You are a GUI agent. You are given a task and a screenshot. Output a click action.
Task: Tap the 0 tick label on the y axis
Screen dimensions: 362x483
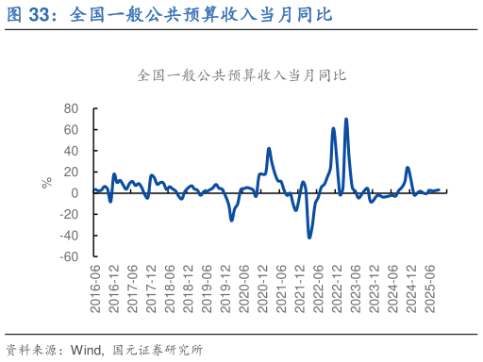[75, 192]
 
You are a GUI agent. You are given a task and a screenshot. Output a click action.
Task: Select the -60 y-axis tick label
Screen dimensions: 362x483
[69, 255]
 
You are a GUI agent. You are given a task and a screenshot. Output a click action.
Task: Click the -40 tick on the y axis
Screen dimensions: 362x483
[69, 235]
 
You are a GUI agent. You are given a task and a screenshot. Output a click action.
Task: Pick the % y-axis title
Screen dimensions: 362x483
[46, 183]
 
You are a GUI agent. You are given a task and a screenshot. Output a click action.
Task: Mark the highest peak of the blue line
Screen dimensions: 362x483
[346, 119]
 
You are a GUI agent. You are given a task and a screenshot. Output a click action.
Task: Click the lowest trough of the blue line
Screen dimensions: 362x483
[309, 238]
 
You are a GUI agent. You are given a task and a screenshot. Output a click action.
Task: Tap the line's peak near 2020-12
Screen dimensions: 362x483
[269, 148]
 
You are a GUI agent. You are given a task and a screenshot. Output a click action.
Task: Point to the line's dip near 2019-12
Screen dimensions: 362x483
[232, 221]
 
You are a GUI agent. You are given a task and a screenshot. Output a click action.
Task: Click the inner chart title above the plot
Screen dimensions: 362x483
[241, 74]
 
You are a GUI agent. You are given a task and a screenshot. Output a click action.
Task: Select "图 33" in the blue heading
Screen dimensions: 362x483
[29, 15]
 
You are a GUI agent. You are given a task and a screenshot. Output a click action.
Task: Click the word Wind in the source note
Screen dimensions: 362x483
[87, 350]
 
